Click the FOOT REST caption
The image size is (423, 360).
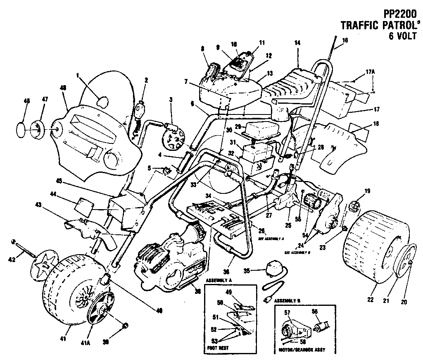tap(217, 348)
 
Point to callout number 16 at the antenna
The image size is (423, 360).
tap(345, 41)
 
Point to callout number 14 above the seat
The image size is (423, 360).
tap(298, 43)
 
